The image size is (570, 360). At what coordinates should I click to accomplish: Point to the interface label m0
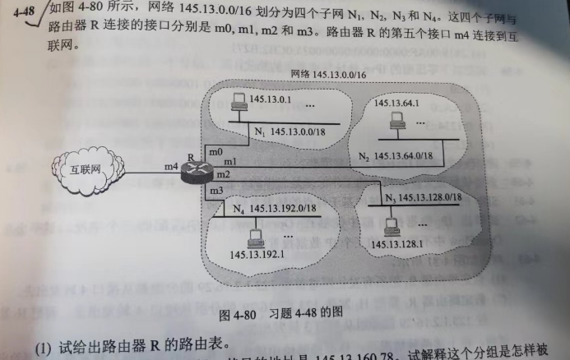pyautogui.click(x=216, y=152)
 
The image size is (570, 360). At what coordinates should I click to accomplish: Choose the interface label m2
pyautogui.click(x=222, y=175)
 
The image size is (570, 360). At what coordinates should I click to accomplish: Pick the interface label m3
pyautogui.click(x=216, y=191)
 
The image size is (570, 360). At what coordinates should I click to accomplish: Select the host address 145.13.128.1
pyautogui.click(x=396, y=243)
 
